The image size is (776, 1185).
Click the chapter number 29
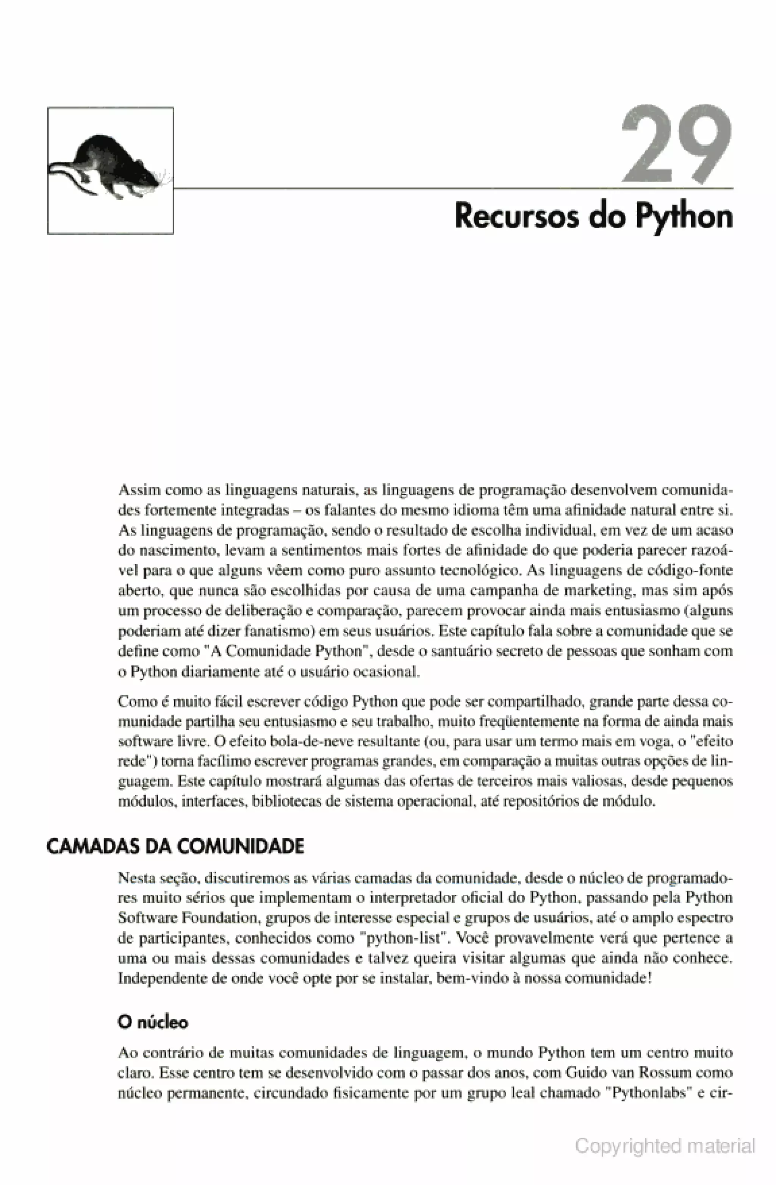677,144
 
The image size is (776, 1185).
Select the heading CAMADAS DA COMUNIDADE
175,847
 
